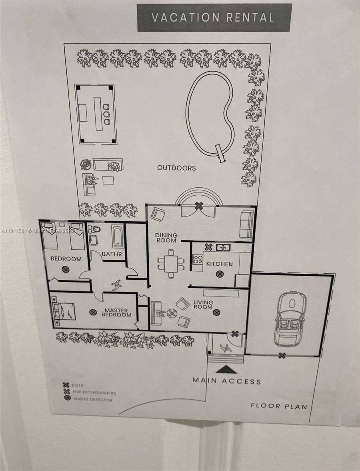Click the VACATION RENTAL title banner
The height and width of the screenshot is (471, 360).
214,18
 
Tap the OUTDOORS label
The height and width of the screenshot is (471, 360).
176,168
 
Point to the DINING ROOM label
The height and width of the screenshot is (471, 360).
166,238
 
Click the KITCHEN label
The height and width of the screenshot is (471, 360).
219,264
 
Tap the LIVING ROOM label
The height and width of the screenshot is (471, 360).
203,305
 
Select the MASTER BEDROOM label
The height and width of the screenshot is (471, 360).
116,313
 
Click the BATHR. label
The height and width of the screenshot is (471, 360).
109,254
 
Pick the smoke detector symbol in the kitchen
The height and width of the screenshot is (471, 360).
219,274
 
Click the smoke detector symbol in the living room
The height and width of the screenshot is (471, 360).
216,312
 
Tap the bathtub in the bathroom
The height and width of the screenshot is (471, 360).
118,236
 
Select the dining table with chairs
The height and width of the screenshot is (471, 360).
171,263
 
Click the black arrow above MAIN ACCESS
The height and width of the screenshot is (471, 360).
226,369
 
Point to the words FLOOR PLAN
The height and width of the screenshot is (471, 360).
279,406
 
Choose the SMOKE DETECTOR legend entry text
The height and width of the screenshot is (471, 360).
92,399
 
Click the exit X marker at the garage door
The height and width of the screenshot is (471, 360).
282,355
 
